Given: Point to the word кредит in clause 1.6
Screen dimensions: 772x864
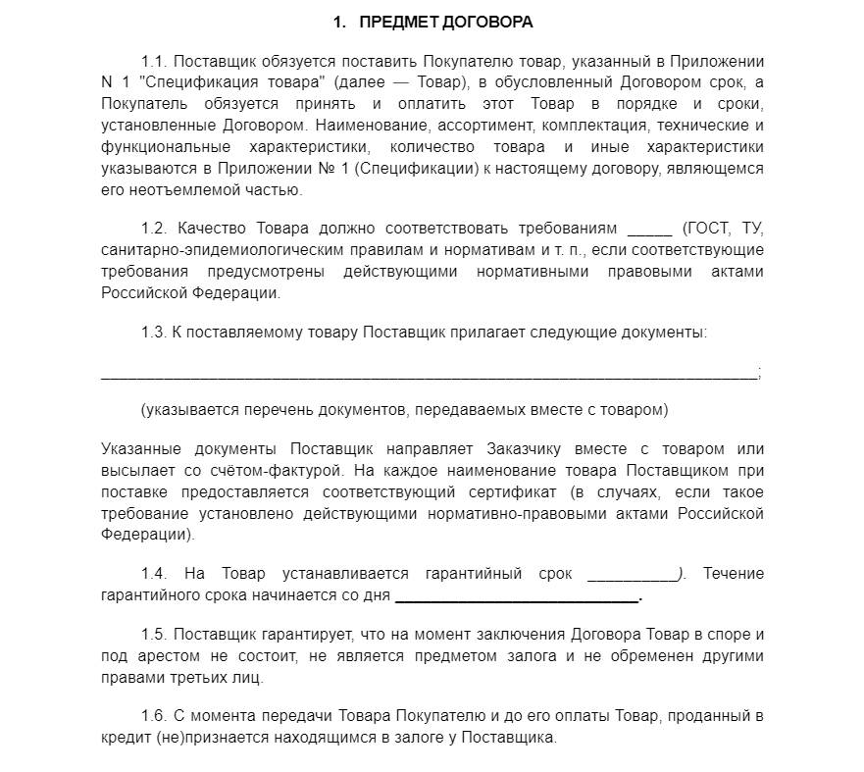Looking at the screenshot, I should [x=124, y=738].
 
